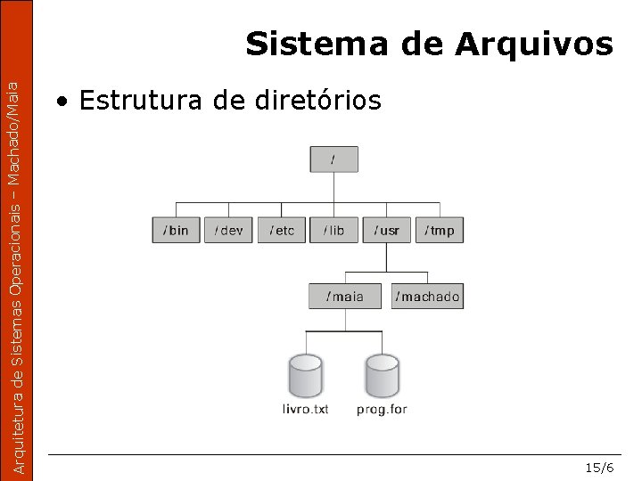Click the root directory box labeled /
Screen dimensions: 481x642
(x=333, y=159)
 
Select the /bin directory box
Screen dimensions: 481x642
(x=176, y=230)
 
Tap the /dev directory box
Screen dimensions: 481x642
(x=228, y=230)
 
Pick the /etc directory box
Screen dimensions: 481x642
(x=282, y=230)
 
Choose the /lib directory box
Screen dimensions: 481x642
(x=334, y=230)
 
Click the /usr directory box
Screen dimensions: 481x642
(x=387, y=230)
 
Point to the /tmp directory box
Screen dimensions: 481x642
(x=440, y=230)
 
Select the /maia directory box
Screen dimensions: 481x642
(x=344, y=296)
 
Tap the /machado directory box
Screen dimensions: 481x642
(x=428, y=296)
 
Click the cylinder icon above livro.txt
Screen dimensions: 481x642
(x=305, y=376)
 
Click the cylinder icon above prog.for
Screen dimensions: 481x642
(x=382, y=376)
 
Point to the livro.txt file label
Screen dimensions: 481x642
(x=305, y=410)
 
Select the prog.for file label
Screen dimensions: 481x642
(x=382, y=410)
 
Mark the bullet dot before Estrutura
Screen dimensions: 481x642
(x=62, y=102)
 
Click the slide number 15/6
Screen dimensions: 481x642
(x=599, y=467)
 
